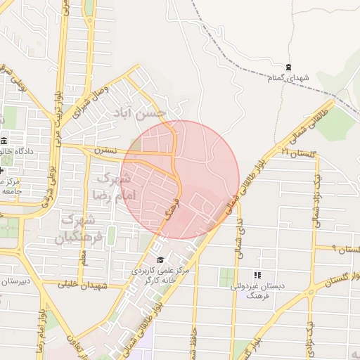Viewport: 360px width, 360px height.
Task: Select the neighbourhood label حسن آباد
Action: point(142,114)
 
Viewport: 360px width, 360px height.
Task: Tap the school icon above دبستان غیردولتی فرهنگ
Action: point(257,275)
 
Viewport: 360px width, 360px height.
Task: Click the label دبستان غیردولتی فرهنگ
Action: point(256,291)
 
